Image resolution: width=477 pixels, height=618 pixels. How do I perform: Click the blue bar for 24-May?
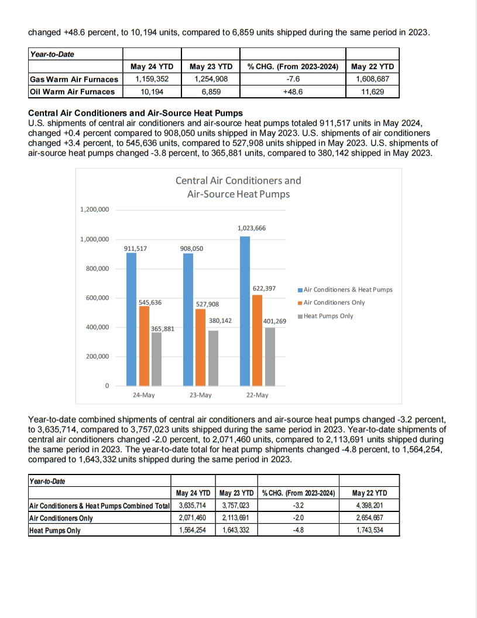point(132,319)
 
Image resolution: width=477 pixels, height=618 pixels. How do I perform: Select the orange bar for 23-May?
point(201,347)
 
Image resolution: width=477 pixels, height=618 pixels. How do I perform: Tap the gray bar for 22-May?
point(269,356)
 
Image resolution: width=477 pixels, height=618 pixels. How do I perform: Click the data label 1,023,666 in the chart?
point(252,228)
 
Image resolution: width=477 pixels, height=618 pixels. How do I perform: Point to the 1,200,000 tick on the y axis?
point(94,210)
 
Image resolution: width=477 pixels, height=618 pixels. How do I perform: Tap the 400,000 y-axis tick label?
point(97,327)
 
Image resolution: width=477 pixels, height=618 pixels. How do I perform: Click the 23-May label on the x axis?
point(200,395)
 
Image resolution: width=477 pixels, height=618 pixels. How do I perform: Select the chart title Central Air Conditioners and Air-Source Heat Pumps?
point(238,187)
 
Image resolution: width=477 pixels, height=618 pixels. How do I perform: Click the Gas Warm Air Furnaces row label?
point(74,79)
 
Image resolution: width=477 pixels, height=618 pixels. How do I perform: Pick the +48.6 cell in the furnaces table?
point(293,91)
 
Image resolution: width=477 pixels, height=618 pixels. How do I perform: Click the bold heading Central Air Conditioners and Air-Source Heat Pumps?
point(135,113)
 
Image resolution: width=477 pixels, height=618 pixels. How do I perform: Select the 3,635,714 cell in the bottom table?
point(193,505)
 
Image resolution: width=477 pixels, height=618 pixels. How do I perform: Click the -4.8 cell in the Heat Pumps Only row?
point(298,531)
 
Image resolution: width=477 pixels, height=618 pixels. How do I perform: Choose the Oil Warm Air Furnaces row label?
point(72,91)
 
